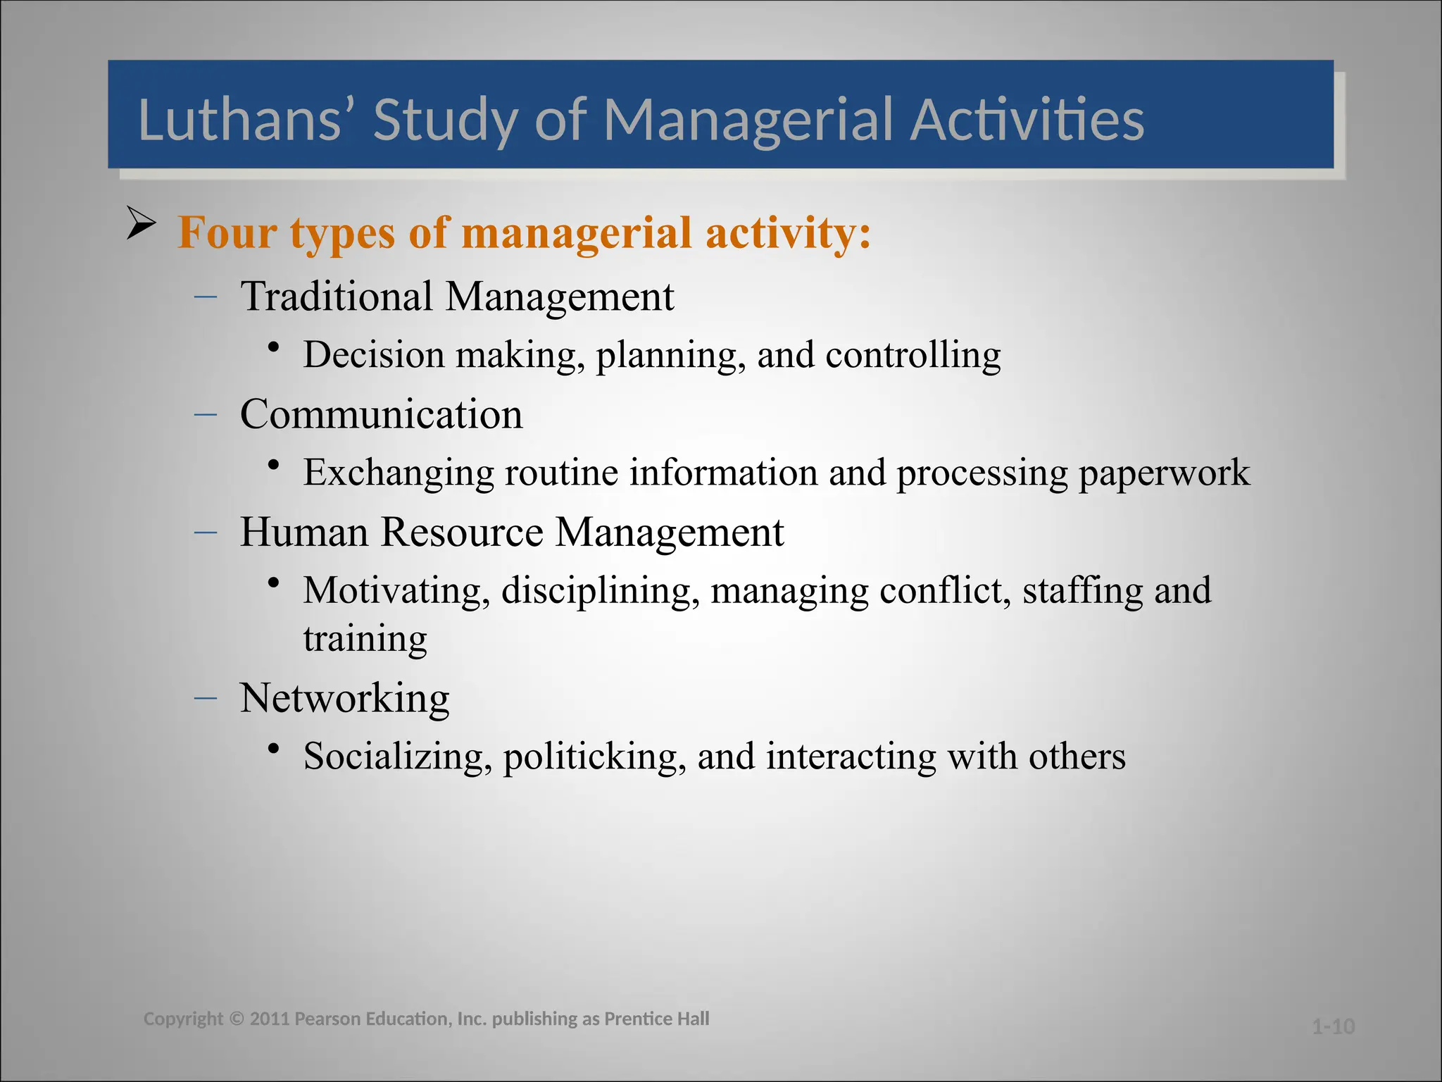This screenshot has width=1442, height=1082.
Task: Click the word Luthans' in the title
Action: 240,120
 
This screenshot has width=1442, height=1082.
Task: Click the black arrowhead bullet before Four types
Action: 141,223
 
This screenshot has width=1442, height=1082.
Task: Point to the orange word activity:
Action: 789,233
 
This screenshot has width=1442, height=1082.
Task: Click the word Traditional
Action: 337,296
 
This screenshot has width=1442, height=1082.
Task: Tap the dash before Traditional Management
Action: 206,297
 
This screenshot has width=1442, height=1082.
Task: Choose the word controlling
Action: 913,354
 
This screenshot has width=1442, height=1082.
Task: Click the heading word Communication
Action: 381,414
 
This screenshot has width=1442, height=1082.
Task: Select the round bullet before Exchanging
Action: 275,465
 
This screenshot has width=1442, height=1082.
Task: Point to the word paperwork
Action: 1164,473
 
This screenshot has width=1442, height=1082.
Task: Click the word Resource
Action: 462,532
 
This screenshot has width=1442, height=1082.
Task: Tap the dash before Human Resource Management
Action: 206,533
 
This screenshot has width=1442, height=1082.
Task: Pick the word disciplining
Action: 601,590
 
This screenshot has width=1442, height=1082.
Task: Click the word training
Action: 365,639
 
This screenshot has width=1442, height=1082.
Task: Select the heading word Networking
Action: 344,698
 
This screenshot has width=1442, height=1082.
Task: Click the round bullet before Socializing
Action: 275,749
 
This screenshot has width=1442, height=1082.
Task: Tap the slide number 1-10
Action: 1333,1026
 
